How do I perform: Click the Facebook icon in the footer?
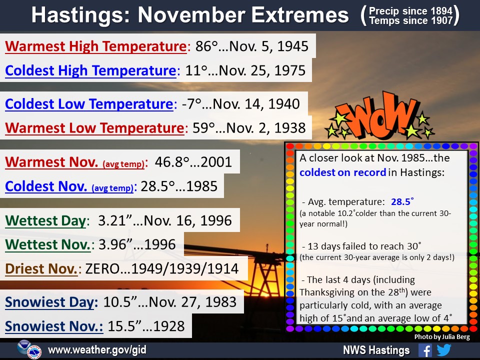click(425, 350)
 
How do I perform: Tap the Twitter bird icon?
click(444, 350)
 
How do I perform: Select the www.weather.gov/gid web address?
click(97, 349)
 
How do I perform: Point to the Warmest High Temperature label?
click(96, 46)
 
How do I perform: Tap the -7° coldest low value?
click(191, 104)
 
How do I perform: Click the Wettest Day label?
click(45, 220)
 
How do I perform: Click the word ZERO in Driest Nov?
click(102, 269)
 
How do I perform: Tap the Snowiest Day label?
click(51, 302)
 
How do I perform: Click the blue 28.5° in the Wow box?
click(402, 201)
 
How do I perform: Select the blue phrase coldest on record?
click(342, 172)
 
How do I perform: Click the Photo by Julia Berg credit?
click(442, 336)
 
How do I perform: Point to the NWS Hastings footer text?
click(376, 350)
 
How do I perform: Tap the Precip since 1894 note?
click(410, 11)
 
